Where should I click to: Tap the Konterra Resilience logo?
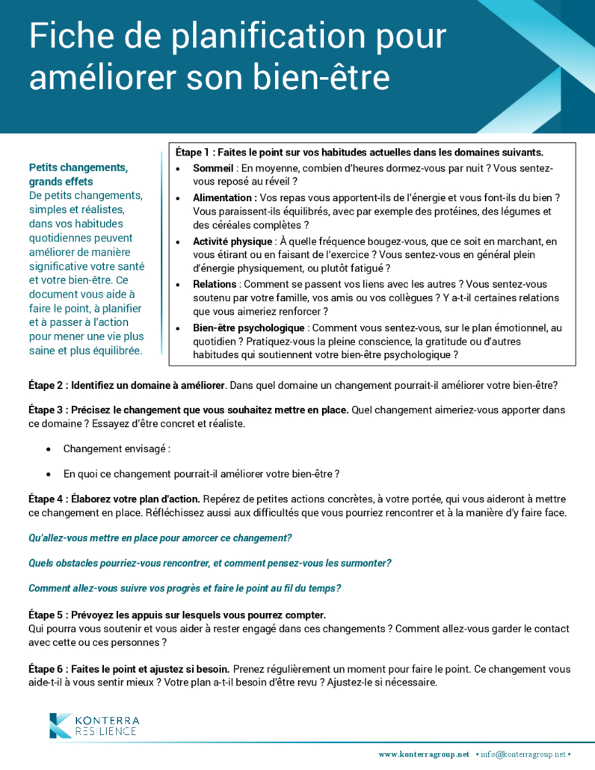[93, 725]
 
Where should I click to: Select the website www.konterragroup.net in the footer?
[424, 754]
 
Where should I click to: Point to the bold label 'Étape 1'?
[193, 152]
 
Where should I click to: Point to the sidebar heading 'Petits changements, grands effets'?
[78, 174]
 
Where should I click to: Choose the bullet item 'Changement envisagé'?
[117, 449]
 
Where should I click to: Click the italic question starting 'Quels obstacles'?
[210, 563]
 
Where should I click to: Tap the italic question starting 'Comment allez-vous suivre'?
[185, 588]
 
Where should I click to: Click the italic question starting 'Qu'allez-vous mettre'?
[160, 538]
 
